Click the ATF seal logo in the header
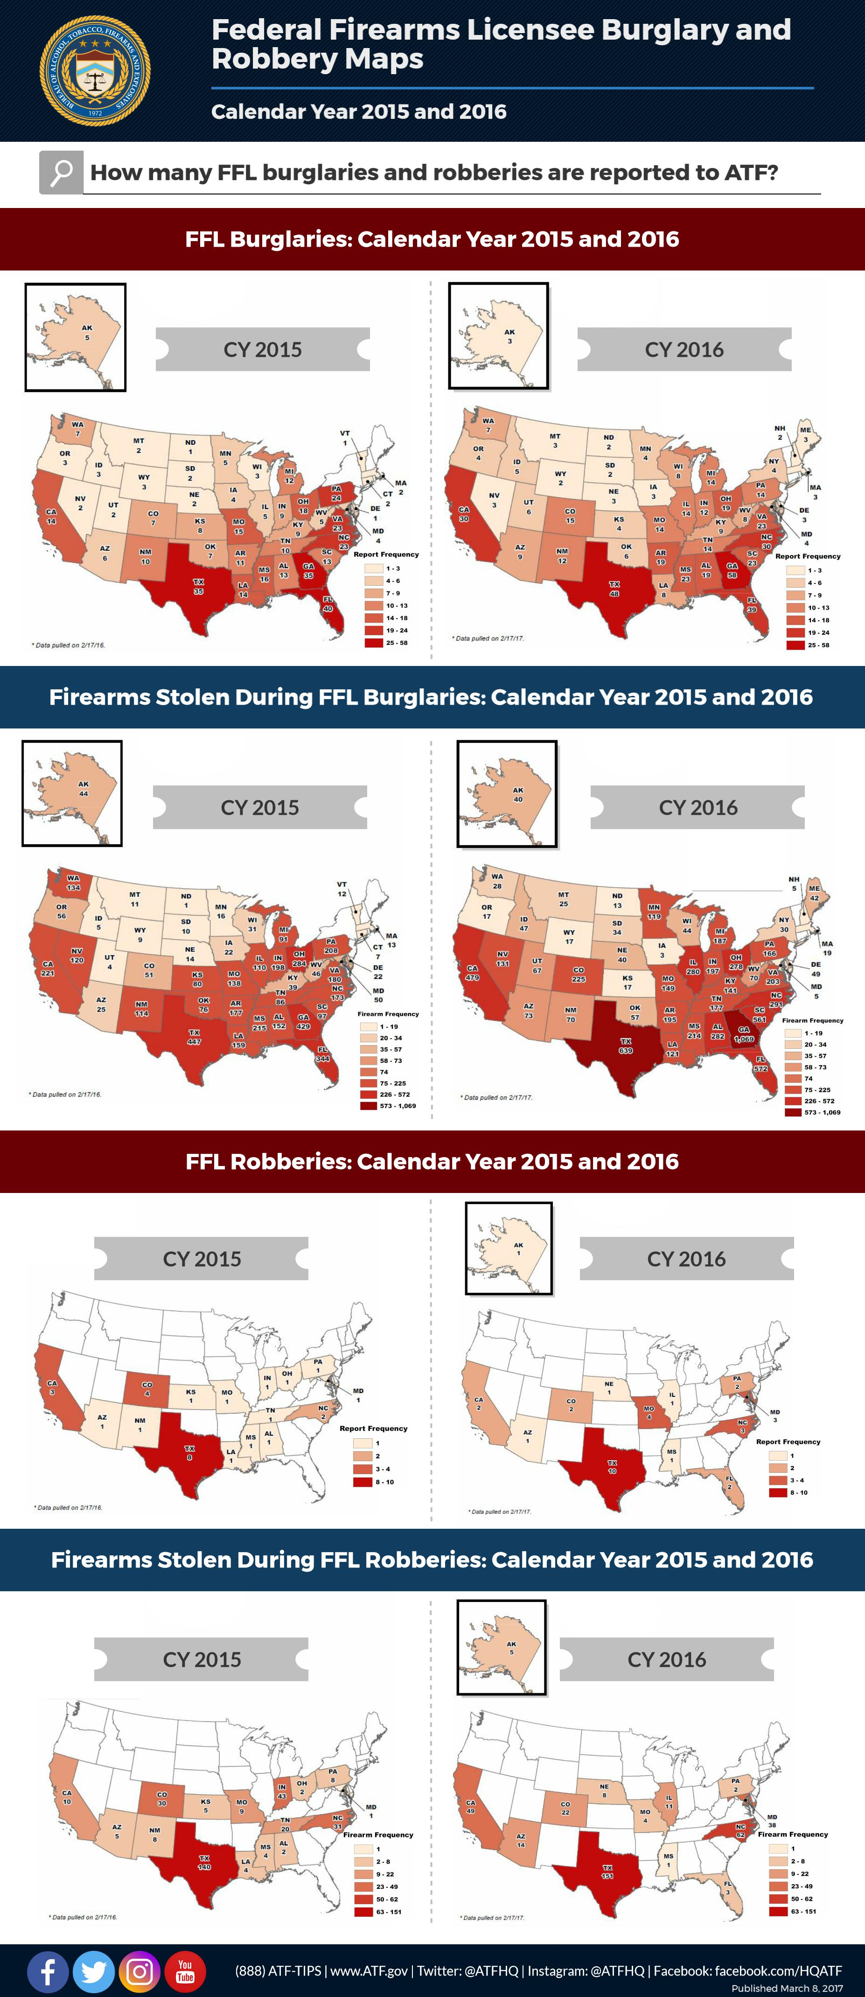[x=95, y=71]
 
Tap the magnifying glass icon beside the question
[x=61, y=172]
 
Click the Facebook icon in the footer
[x=47, y=1970]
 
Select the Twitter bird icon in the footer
[x=93, y=1970]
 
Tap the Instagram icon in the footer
[x=140, y=1970]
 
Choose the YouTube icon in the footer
[x=185, y=1970]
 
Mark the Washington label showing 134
[x=73, y=883]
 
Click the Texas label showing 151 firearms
[x=607, y=1872]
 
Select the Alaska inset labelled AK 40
[x=507, y=792]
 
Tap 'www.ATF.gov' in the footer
[x=369, y=1970]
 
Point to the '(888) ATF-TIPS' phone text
[x=278, y=1970]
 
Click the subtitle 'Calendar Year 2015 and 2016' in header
[x=358, y=111]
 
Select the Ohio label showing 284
[x=299, y=959]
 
